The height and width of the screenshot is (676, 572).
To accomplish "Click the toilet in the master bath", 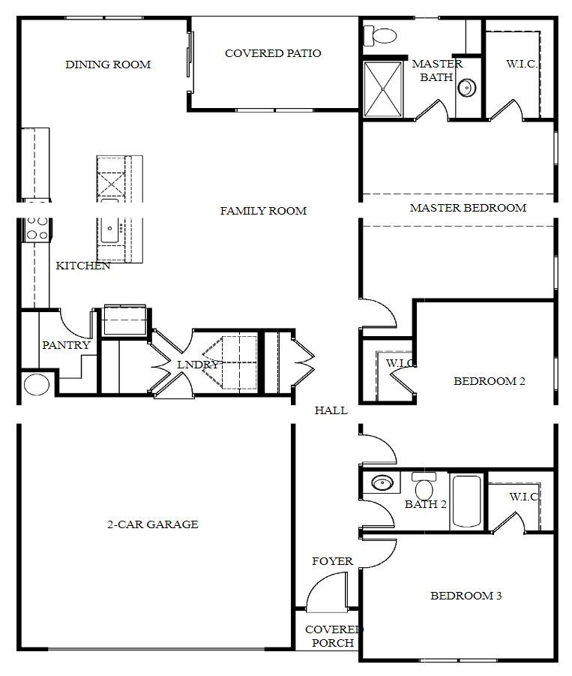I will click(x=382, y=35).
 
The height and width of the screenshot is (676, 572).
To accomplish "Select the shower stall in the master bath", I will click(x=384, y=89).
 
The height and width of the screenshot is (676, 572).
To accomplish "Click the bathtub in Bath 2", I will click(x=467, y=501).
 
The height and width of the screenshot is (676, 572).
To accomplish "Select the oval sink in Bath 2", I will click(x=383, y=482).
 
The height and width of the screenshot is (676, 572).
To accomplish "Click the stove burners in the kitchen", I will click(x=37, y=229).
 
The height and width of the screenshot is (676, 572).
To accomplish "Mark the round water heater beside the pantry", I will click(x=36, y=385).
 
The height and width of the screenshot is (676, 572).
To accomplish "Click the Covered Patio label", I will click(x=273, y=53).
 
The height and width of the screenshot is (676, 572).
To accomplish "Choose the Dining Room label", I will click(x=108, y=65).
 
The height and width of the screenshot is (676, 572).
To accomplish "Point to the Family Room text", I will click(x=263, y=211).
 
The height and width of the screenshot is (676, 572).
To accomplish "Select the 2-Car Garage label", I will click(x=152, y=524).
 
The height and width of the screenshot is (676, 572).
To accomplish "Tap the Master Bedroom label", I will click(x=468, y=208).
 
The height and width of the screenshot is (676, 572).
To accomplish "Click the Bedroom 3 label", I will click(x=466, y=596).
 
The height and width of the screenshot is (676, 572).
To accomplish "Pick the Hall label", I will click(x=331, y=410).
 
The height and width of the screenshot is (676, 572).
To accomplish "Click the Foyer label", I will click(x=332, y=561).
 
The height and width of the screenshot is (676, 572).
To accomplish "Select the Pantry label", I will click(x=66, y=346).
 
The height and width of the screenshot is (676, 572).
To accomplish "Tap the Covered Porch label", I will click(x=334, y=636).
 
